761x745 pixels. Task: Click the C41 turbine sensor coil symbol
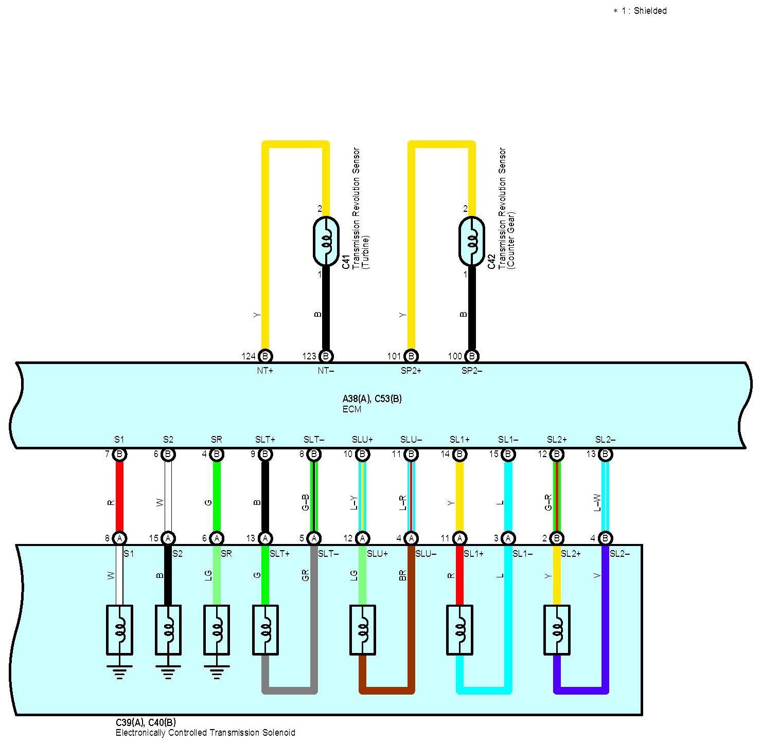click(326, 241)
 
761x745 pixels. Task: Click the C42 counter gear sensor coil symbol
click(471, 241)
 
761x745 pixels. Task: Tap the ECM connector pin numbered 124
click(265, 356)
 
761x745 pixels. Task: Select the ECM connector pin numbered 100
click(471, 356)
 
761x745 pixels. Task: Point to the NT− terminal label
click(325, 371)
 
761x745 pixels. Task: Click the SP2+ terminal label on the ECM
click(411, 371)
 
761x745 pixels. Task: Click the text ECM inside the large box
click(352, 409)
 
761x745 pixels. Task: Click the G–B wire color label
click(305, 502)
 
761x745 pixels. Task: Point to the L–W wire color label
click(597, 502)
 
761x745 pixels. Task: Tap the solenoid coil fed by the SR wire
click(217, 630)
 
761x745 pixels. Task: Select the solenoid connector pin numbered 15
click(168, 538)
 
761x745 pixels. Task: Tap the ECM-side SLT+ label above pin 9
click(265, 440)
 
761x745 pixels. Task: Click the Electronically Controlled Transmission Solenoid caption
click(205, 733)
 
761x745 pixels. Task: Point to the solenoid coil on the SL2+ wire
click(557, 630)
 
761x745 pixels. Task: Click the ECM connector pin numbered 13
click(605, 454)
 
